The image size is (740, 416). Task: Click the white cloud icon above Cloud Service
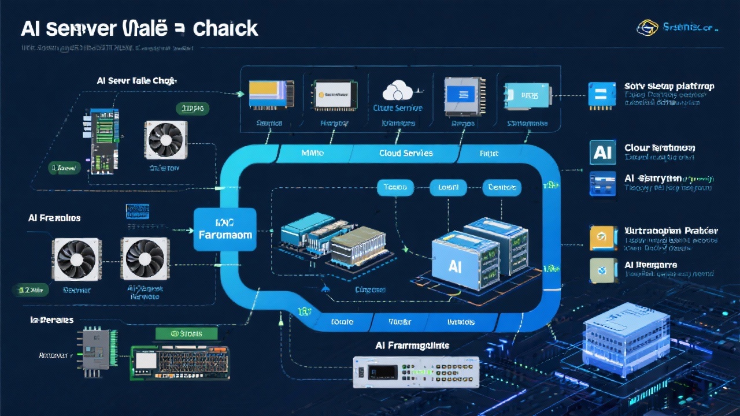pyautogui.click(x=397, y=91)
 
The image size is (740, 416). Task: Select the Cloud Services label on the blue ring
pyautogui.click(x=406, y=153)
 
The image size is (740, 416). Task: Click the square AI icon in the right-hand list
pyautogui.click(x=602, y=152)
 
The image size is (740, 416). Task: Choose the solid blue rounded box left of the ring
pyautogui.click(x=225, y=229)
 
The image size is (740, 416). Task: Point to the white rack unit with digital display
pyautogui.click(x=416, y=372)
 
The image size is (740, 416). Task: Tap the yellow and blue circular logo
pyautogui.click(x=647, y=27)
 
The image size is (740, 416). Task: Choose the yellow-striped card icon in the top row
pyautogui.click(x=269, y=94)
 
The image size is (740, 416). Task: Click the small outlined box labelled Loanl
pyautogui.click(x=448, y=187)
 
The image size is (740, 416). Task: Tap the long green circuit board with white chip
pyautogui.click(x=180, y=362)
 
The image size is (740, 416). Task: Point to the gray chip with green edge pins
pyautogui.click(x=97, y=349)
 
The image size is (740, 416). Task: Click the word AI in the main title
pyautogui.click(x=29, y=28)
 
